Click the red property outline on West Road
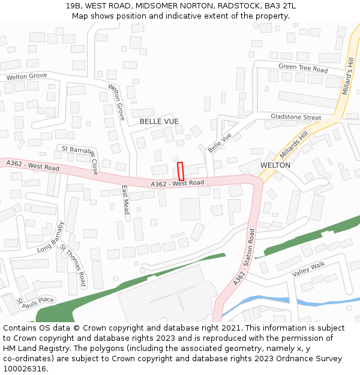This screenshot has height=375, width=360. [x=180, y=171]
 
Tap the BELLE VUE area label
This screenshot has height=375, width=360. [x=159, y=121]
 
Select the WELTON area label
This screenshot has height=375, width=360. [x=275, y=165]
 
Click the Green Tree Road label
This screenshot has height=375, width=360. [x=303, y=68]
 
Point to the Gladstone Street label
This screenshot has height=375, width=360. [x=296, y=117]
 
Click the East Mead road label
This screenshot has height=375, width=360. [x=125, y=200]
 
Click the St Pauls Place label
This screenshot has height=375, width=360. [x=35, y=301]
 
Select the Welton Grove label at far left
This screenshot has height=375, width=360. [x=26, y=77]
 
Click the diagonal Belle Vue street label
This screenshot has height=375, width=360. [x=219, y=142]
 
